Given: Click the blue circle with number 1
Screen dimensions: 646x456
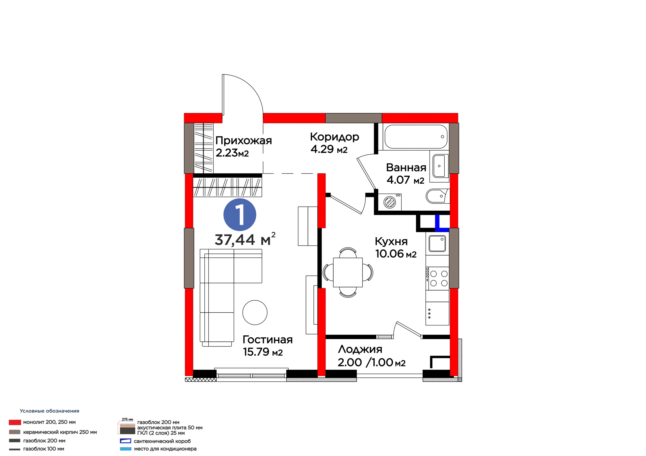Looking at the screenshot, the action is coord(240,215).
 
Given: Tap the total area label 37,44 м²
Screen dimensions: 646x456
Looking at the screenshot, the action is coord(245,239).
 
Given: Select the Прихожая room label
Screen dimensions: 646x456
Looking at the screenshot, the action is coord(244,141).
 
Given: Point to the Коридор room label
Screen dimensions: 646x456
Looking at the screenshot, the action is coord(335,137).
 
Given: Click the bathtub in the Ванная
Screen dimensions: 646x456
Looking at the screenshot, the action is coord(416,137).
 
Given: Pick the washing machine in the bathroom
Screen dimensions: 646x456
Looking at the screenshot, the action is coord(390,202).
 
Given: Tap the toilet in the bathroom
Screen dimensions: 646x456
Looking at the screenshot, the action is coord(438,196).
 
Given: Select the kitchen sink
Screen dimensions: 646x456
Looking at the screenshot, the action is coord(437,243).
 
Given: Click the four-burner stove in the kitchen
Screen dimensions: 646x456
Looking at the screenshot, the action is coord(437,278).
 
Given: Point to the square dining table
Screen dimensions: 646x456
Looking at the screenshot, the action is coord(348,272).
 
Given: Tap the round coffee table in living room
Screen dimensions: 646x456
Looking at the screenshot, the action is coord(255,312).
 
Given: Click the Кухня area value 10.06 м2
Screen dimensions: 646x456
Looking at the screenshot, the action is coord(396,254).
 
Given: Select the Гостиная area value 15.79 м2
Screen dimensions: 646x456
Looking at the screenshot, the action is coord(263,352).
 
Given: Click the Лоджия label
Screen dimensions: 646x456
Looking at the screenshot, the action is coord(360,349).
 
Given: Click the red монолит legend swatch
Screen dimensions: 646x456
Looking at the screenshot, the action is coord(15,422).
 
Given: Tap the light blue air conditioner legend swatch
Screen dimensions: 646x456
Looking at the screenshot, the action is coord(125,449).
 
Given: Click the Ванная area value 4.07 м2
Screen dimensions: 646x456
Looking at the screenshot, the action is coord(406,180).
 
